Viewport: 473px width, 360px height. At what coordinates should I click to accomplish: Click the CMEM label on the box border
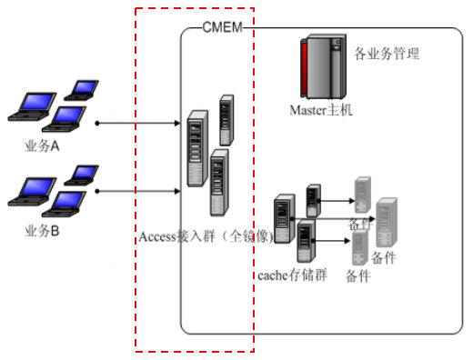(222, 26)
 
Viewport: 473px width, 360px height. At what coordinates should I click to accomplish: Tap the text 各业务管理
(386, 55)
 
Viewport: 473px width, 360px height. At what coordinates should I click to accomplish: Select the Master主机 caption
(320, 110)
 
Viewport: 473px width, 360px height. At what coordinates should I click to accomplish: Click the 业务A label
(43, 148)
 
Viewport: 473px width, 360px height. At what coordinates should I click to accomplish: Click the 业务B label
(42, 231)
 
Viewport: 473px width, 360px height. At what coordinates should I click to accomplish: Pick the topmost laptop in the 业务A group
(84, 89)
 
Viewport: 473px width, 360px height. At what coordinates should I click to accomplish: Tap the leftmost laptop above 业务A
(27, 107)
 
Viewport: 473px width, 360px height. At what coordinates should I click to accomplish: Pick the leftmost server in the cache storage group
(285, 218)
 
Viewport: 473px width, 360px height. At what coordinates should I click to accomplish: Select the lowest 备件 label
(357, 278)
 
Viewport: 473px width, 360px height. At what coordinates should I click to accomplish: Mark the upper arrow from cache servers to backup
(337, 199)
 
